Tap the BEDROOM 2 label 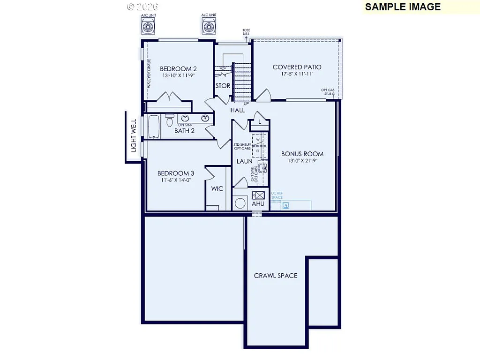point(178,69)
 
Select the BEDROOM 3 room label point(176,173)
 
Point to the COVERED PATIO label point(297,67)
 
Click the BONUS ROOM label point(302,154)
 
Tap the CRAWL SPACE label point(276,276)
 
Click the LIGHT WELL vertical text point(134,135)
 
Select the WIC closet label point(217,189)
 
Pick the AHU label point(258,204)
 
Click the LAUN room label point(244,161)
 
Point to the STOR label point(223,86)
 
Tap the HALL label point(237,110)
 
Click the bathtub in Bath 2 point(154,127)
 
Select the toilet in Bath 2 point(170,121)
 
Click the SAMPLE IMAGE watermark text point(403,7)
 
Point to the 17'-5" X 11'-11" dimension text point(297,74)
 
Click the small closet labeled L point(260,122)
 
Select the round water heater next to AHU point(240,203)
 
